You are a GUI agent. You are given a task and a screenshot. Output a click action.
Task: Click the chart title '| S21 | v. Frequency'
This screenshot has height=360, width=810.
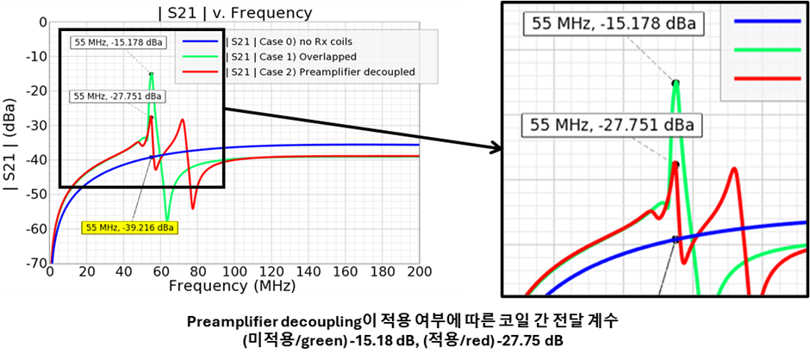(x=235, y=12)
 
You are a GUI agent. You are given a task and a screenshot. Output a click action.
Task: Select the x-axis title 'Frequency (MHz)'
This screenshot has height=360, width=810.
(x=232, y=284)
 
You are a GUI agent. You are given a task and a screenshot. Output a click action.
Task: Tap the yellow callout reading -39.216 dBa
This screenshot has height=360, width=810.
(x=129, y=227)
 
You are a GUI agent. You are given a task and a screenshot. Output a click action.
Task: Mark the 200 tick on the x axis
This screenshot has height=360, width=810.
(x=419, y=271)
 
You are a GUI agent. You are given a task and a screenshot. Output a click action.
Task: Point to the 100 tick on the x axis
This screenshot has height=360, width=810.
(x=234, y=271)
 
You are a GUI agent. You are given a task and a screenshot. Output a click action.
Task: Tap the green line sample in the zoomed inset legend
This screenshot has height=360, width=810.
(x=767, y=50)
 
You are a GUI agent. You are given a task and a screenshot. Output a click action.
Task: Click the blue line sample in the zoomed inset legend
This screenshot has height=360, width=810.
(x=767, y=22)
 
